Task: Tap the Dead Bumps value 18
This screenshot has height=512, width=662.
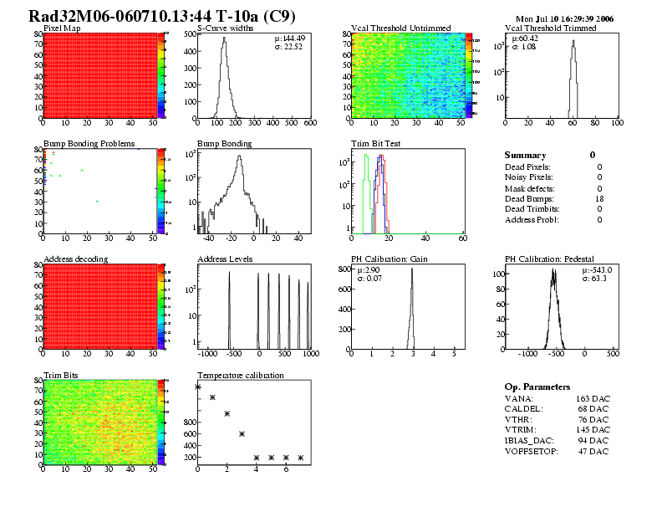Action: [x=599, y=198]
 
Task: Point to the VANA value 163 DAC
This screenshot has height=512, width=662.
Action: [x=593, y=398]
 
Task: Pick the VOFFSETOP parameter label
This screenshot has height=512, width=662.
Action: [x=533, y=451]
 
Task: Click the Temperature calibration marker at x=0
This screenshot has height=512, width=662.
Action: [x=198, y=387]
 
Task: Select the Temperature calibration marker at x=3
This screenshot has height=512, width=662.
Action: [x=242, y=433]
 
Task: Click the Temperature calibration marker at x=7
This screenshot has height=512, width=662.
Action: [x=300, y=458]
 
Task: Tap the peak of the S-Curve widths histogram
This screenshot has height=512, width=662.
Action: [x=223, y=40]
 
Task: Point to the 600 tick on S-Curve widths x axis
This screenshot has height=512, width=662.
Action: [x=310, y=124]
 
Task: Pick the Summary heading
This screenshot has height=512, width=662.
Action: [x=525, y=155]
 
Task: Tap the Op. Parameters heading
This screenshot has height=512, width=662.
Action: [x=537, y=387]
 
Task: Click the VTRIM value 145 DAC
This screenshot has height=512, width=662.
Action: [x=593, y=429]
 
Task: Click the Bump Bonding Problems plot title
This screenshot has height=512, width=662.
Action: [x=89, y=144]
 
